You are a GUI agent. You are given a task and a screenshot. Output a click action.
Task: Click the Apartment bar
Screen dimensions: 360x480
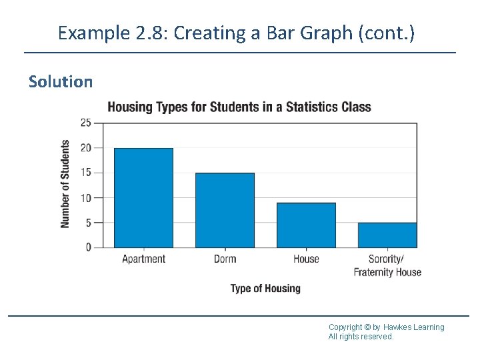(x=143, y=198)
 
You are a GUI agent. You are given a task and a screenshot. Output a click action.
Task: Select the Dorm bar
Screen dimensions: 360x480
(x=225, y=210)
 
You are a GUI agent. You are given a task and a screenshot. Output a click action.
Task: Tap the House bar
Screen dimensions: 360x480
(x=306, y=225)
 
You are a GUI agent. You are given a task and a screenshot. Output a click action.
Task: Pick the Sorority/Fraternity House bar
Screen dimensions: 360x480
(x=387, y=235)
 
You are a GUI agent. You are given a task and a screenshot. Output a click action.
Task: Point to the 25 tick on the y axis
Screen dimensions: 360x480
(x=86, y=123)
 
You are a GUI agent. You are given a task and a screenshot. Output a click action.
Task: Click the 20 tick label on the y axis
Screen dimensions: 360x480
(x=86, y=148)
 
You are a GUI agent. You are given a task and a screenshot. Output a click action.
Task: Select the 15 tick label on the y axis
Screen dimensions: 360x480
(x=86, y=173)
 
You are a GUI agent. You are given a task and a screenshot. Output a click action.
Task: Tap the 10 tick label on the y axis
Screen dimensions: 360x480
(x=86, y=198)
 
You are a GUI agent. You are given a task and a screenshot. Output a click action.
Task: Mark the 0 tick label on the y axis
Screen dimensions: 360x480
(x=89, y=247)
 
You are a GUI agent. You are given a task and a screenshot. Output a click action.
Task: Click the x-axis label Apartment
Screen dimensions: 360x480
(x=143, y=259)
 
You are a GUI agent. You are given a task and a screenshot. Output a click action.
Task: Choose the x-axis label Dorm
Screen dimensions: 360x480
(x=225, y=259)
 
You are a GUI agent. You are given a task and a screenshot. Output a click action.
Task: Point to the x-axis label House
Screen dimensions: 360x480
(x=306, y=259)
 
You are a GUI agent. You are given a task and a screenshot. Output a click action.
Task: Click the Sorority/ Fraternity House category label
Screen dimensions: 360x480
(x=387, y=265)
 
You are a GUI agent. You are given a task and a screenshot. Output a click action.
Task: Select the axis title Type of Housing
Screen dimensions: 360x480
(x=265, y=289)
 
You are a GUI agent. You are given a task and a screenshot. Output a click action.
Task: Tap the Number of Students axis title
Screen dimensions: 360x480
(x=65, y=184)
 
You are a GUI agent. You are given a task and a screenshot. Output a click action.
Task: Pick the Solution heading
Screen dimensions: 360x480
(x=61, y=82)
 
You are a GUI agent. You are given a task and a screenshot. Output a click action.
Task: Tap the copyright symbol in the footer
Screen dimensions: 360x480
(x=368, y=327)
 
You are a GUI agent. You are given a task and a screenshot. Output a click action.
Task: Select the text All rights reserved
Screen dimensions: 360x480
(x=361, y=337)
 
